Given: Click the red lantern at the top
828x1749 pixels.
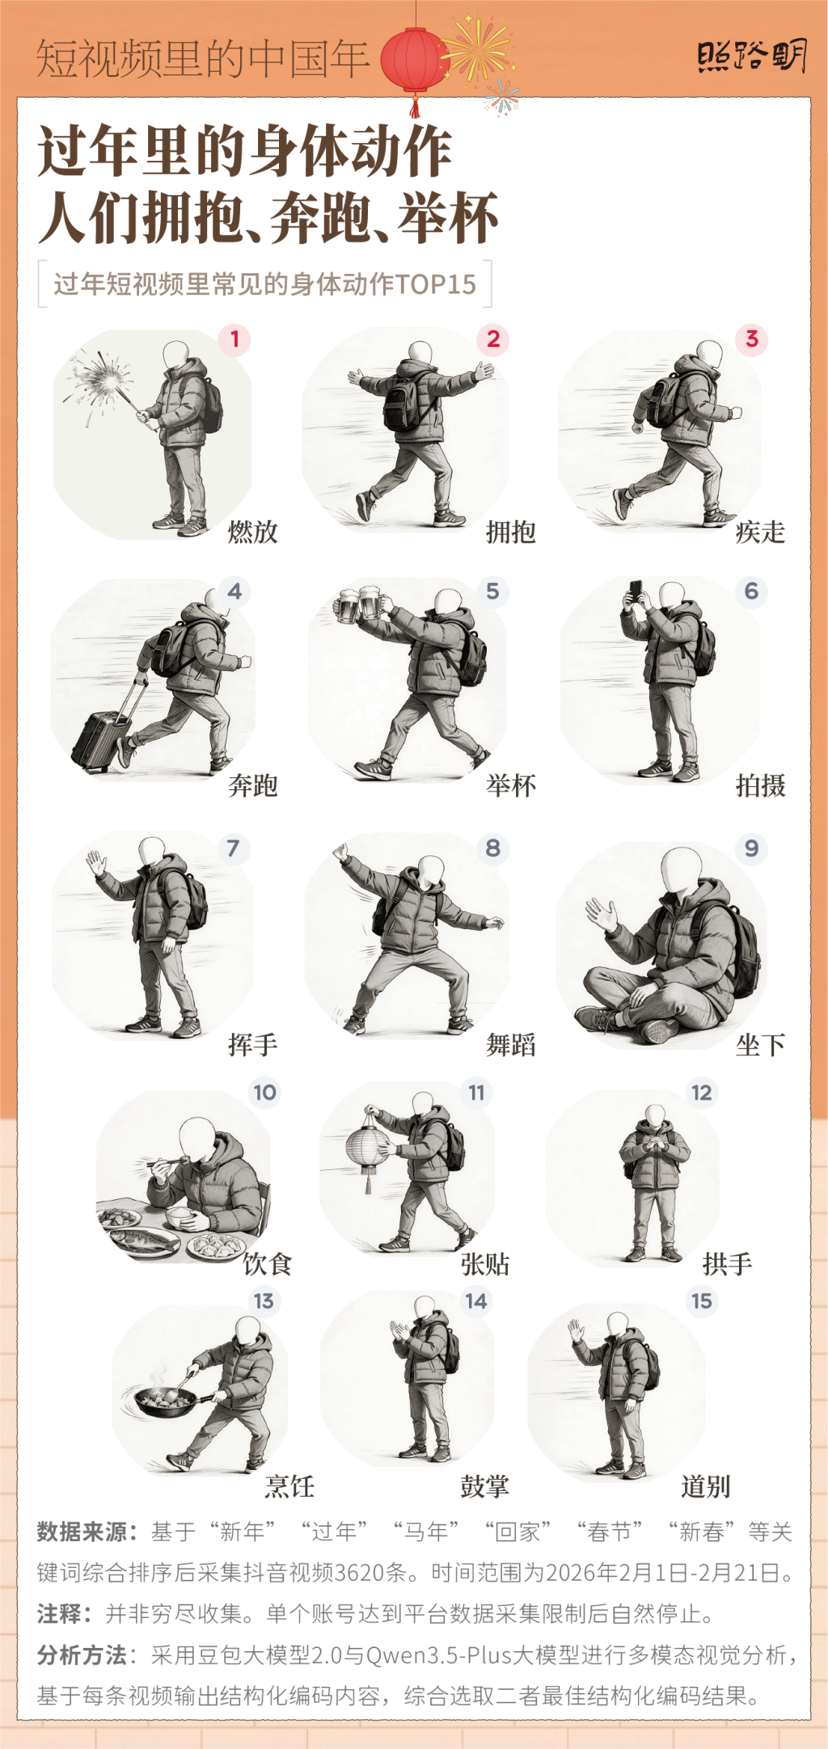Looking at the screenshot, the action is point(415,62).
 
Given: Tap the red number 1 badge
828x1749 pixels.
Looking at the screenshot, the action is point(234,338).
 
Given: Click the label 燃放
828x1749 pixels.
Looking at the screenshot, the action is point(253,532).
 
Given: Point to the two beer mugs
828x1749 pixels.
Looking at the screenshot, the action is point(360,603).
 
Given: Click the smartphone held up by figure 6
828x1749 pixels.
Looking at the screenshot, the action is point(636,589).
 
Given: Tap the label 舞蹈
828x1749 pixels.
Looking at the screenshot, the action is point(511,1045).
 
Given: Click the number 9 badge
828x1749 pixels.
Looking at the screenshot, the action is point(751,848).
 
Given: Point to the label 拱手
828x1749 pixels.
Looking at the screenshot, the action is point(728,1264).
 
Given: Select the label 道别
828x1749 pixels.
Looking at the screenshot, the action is point(706,1486).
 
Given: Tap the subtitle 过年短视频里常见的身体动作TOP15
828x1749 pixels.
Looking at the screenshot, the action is point(265,284).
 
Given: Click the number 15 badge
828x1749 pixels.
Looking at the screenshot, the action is point(701,1301).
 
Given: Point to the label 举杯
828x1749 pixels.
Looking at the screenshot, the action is point(511,785).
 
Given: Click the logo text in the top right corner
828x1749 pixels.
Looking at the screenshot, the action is point(752,57).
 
